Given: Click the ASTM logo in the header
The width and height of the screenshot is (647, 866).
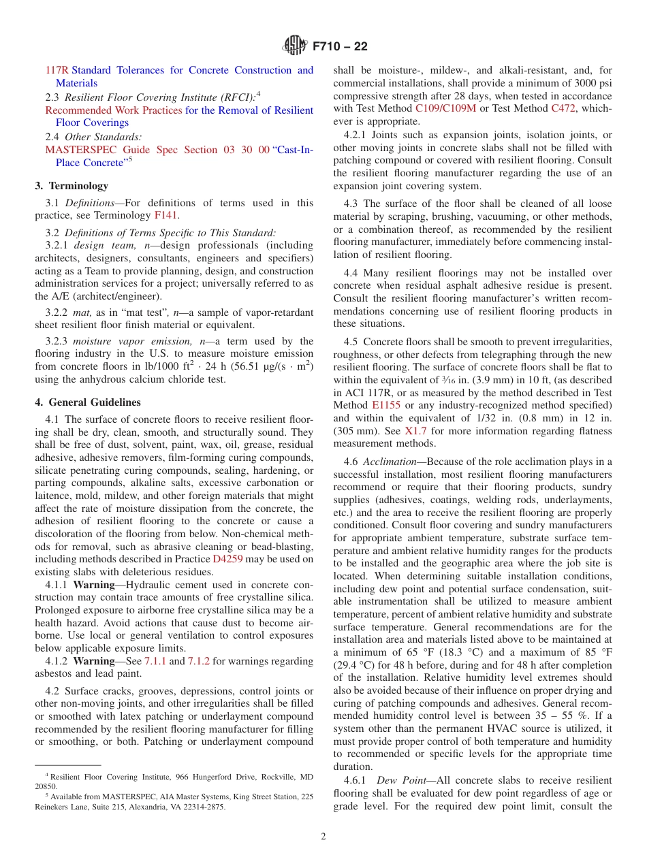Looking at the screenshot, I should (294, 46).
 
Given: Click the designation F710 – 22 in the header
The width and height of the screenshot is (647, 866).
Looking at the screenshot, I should (340, 46).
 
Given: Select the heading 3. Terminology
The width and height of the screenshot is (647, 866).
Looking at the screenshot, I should (72, 186).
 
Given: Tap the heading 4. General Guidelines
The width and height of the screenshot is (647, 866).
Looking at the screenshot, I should (88, 402).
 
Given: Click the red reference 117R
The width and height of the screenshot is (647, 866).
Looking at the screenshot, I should (57, 70).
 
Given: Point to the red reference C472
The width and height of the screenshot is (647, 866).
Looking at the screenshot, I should (563, 108).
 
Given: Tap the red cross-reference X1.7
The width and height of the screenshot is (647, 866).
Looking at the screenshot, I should (415, 431).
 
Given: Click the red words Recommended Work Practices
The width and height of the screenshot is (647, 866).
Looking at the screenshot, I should (113, 110).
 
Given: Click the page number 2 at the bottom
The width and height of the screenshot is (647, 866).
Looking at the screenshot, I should (323, 837).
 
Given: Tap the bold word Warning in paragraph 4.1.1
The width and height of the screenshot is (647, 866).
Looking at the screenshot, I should (93, 585).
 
